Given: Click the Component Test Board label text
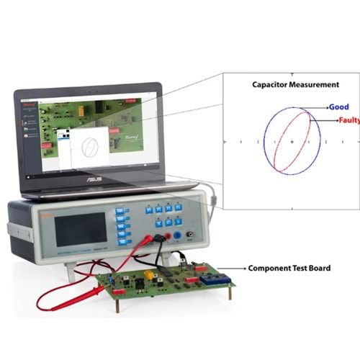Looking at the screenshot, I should pos(289,268).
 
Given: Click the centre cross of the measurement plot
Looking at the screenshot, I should pos(292,143).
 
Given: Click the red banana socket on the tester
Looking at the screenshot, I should pos(167,235).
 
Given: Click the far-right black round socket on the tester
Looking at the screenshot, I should pos(190,234).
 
